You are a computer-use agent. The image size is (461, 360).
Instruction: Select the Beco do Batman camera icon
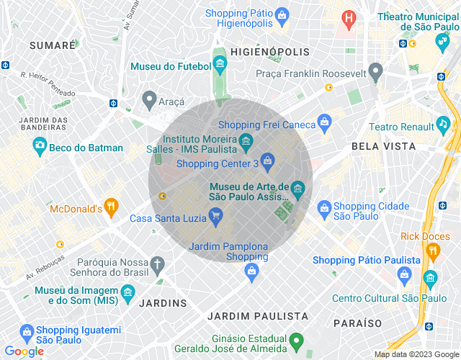(40, 148)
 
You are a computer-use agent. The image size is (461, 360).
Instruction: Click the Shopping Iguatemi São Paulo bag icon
(27, 333)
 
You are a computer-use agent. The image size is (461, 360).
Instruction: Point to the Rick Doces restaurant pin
(433, 251)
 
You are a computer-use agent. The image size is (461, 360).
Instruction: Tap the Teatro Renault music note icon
(443, 125)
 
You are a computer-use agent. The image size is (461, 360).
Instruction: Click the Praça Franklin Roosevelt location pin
(375, 72)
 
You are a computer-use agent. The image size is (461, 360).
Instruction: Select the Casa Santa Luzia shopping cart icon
(215, 216)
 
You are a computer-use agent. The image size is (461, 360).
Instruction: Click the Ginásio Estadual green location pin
(296, 340)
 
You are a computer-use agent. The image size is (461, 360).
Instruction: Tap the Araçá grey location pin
(149, 99)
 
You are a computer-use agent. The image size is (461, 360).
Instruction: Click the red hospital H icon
(349, 17)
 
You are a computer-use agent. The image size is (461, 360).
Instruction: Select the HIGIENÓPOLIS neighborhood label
(270, 52)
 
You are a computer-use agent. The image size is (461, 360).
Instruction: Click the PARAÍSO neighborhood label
(357, 323)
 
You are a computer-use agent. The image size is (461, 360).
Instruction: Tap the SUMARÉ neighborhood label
(53, 45)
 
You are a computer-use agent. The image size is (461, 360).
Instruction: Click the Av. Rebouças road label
(45, 266)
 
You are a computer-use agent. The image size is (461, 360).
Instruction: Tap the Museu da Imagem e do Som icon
(128, 292)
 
